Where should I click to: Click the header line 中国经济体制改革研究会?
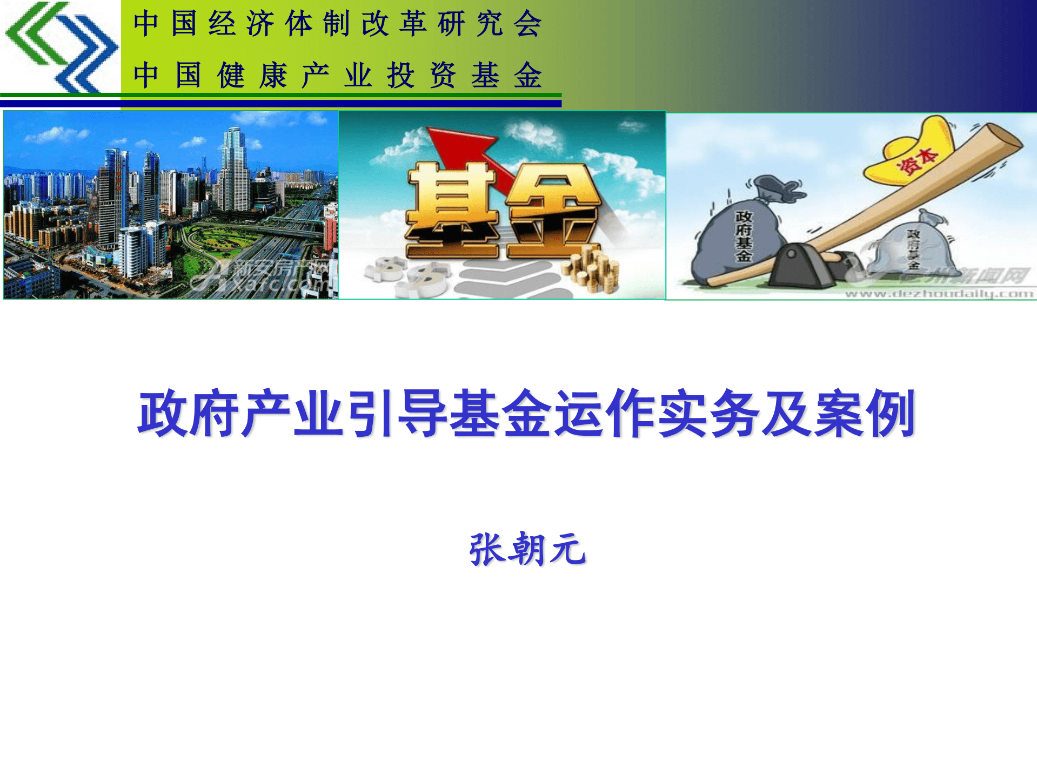tap(337, 24)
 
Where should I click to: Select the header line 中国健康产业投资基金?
tap(337, 75)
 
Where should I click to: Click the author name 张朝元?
tap(527, 549)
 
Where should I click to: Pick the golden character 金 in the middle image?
tap(554, 211)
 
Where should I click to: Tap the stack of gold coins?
tap(592, 270)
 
